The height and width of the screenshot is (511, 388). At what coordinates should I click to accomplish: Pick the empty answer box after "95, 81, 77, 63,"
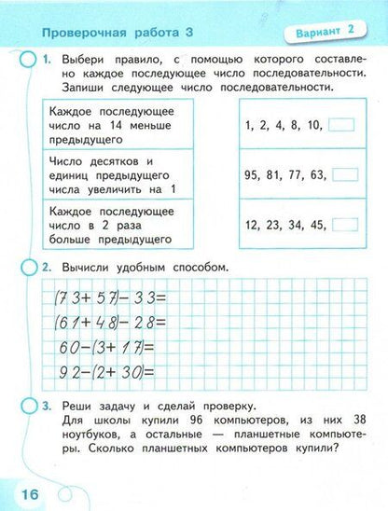[x=345, y=173]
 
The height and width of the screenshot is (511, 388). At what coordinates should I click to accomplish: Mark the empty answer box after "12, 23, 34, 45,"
[x=345, y=224]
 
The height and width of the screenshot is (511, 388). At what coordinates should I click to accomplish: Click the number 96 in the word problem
[x=184, y=424]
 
